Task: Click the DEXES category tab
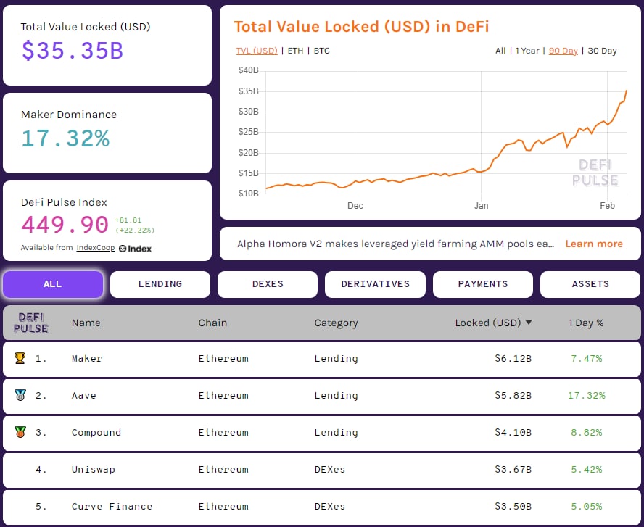(x=268, y=284)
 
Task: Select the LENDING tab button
(x=160, y=284)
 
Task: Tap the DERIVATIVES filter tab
(x=375, y=284)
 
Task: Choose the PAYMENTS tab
(x=482, y=284)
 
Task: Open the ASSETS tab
(x=590, y=284)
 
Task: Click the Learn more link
(x=594, y=244)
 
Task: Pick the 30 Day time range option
(x=602, y=51)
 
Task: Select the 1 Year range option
(x=527, y=51)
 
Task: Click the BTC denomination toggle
(x=321, y=51)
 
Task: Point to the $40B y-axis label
(x=249, y=70)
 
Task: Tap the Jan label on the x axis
(x=481, y=206)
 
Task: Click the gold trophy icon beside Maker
(x=20, y=358)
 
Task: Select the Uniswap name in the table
(x=93, y=470)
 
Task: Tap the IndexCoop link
(x=95, y=248)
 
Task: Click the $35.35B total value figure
(x=72, y=51)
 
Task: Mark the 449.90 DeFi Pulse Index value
(x=65, y=225)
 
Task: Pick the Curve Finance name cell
(x=112, y=507)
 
